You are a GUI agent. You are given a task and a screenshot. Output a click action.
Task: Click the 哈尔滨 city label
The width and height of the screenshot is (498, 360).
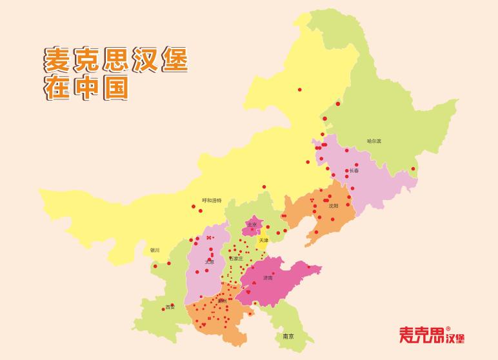coord(374,141)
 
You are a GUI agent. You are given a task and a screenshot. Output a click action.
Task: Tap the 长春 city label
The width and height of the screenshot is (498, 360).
coord(354,171)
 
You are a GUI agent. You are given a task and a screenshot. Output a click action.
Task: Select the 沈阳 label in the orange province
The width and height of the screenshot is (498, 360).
coord(333,206)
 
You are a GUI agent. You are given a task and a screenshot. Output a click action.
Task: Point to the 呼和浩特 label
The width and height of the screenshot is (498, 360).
coord(212,201)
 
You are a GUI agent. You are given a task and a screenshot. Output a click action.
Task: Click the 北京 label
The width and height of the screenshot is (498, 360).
coord(252,225)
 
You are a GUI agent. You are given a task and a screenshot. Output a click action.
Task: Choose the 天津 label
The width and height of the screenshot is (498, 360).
coord(263,240)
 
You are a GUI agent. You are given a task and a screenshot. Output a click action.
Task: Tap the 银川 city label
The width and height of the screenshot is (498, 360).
coord(154,250)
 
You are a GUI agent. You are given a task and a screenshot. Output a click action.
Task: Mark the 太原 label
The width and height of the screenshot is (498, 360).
coord(209,263)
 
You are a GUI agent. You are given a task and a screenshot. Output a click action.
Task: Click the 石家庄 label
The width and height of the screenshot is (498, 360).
coord(237,259)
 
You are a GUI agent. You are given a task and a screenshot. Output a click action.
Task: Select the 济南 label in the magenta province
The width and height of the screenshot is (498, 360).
coord(268,278)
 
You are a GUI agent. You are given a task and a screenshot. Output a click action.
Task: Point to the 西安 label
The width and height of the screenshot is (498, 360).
coord(170,307)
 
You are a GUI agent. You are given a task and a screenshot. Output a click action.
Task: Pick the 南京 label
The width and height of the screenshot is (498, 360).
coord(288,337)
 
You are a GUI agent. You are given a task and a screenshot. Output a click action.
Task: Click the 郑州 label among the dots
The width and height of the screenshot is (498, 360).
coord(223,301)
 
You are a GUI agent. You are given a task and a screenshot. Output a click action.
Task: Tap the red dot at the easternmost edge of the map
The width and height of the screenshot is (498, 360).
coord(413,169)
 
